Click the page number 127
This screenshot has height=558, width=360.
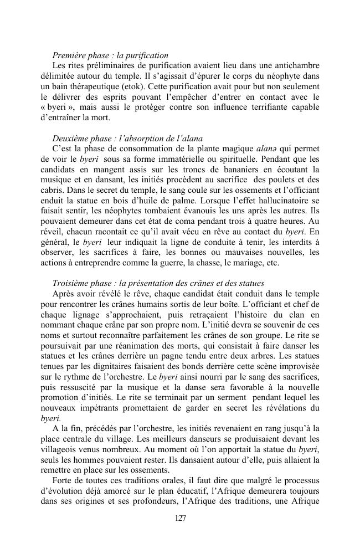pos(180,518)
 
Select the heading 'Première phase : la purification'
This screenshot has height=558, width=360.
pos(110,55)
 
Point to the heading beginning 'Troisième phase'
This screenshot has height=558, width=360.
pos(158,283)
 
